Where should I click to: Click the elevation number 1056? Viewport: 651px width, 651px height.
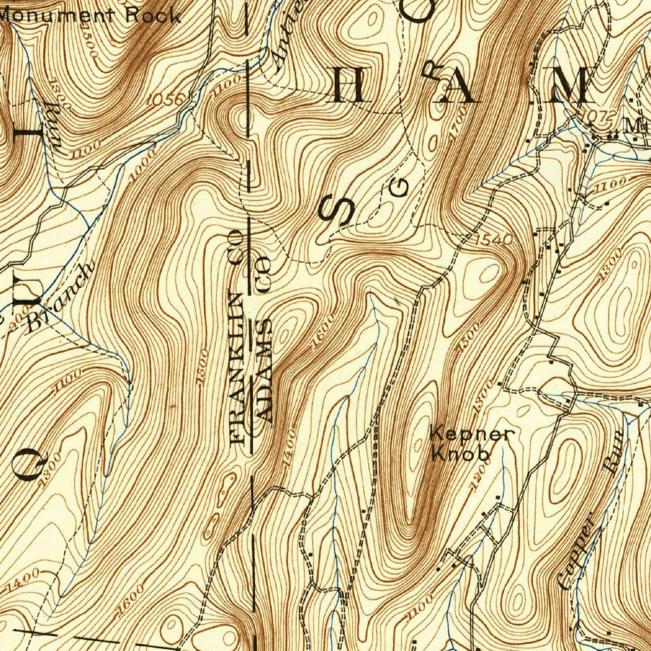tap(166, 99)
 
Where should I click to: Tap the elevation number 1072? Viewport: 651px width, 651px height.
tap(599, 116)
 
